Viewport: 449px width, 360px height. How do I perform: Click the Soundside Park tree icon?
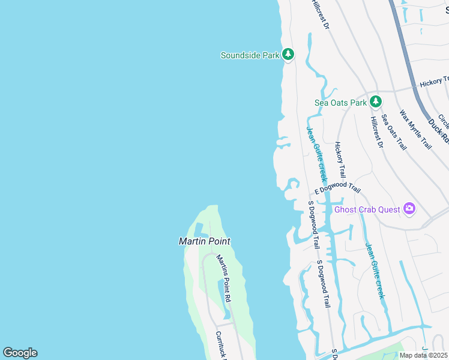288,55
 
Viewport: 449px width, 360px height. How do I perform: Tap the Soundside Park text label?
250,55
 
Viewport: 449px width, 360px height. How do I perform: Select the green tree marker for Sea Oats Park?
376,102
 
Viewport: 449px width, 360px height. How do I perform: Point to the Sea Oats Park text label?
340,103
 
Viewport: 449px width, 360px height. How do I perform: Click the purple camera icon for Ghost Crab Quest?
409,209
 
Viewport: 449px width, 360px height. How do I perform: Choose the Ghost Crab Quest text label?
367,209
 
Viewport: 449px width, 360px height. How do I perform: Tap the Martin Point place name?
205,241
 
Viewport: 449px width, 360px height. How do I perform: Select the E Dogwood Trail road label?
337,189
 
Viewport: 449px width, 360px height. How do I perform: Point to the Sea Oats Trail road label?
394,132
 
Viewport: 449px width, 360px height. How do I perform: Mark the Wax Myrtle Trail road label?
415,130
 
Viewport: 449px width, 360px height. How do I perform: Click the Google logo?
20,353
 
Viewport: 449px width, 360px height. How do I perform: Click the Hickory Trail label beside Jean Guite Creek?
340,159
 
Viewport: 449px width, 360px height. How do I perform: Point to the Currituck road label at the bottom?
220,344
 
